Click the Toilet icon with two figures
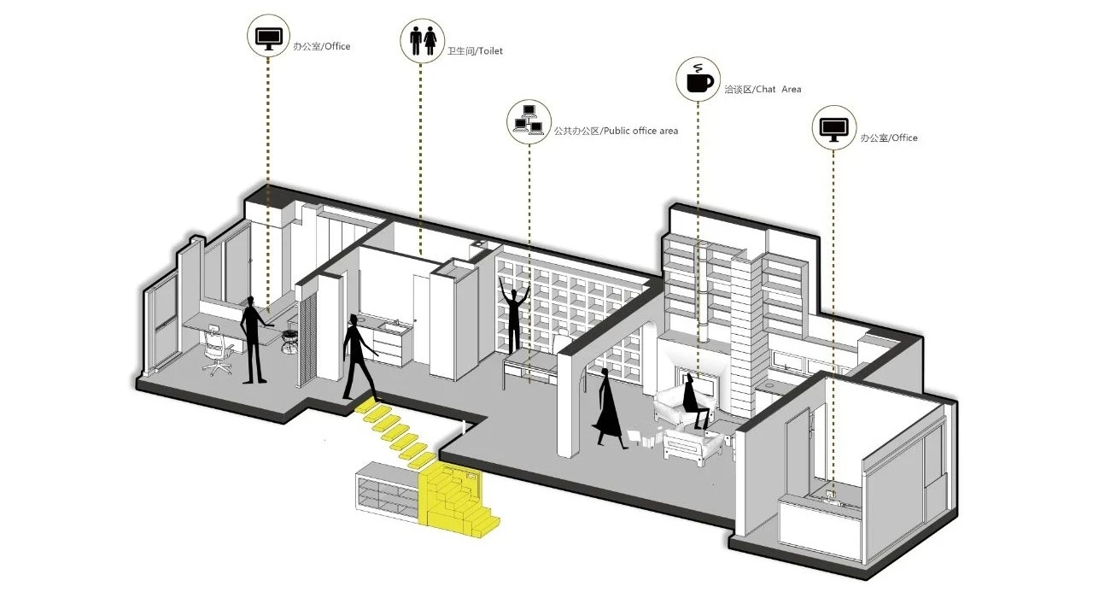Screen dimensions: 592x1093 423,39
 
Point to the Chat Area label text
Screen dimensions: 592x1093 763,89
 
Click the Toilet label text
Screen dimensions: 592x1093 476,51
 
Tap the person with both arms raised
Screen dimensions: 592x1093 515,317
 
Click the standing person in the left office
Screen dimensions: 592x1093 252,338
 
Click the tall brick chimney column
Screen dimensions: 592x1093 745,333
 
